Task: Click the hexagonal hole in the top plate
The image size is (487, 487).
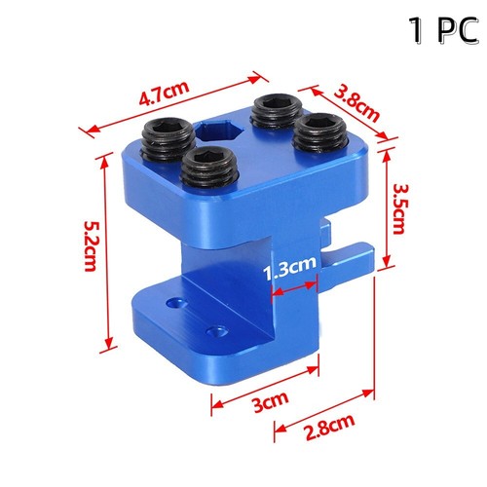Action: pos(229,133)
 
